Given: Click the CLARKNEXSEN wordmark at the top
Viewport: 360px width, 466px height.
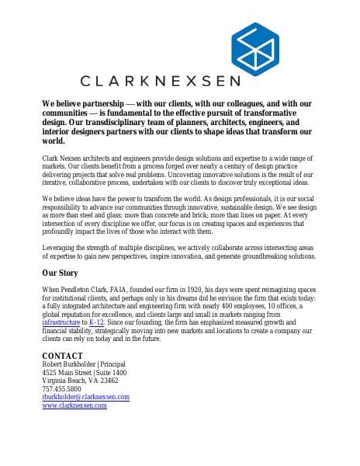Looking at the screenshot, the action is [x=161, y=80].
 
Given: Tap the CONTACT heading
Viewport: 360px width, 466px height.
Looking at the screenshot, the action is [x=62, y=356].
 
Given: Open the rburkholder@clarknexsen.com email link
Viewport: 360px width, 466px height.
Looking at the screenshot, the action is [x=85, y=397].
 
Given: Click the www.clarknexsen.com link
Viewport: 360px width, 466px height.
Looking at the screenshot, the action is [x=74, y=405].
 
